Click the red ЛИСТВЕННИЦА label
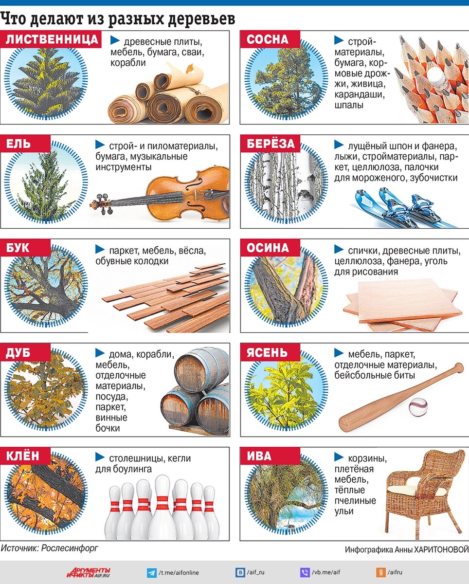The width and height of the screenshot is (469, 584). pyautogui.click(x=51, y=39)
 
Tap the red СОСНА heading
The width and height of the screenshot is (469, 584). pyautogui.click(x=270, y=39)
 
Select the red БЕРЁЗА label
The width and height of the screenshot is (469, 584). pyautogui.click(x=270, y=144)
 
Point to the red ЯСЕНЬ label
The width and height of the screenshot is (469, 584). pyautogui.click(x=270, y=352)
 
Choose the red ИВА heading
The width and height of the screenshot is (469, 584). pyautogui.click(x=270, y=456)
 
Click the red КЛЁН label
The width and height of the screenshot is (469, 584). pyautogui.click(x=25, y=456)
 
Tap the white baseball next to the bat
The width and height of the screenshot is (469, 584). pyautogui.click(x=418, y=407)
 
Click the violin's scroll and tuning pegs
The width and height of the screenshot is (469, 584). pyautogui.click(x=101, y=203)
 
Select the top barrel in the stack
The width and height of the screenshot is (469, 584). pyautogui.click(x=201, y=368)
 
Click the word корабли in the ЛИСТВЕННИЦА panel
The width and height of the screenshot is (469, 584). pyautogui.click(x=128, y=63)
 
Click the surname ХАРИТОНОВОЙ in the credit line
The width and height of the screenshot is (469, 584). pyautogui.click(x=441, y=549)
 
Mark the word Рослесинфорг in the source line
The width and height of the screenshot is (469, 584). pyautogui.click(x=70, y=548)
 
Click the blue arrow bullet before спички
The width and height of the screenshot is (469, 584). pyautogui.click(x=339, y=249)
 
